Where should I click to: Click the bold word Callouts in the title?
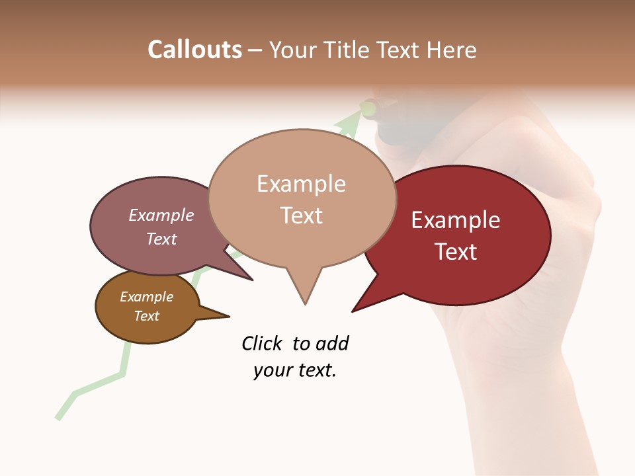(194, 50)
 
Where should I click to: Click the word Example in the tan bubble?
(301, 184)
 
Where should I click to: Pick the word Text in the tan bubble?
(301, 216)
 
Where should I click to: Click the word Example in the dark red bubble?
(456, 220)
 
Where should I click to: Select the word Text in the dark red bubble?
(456, 252)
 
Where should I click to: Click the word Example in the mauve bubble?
(161, 216)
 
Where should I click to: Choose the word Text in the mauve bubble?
(161, 239)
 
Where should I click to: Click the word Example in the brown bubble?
(146, 297)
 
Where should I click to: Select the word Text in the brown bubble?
(146, 316)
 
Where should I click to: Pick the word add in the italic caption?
(331, 343)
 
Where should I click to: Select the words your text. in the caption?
(294, 371)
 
